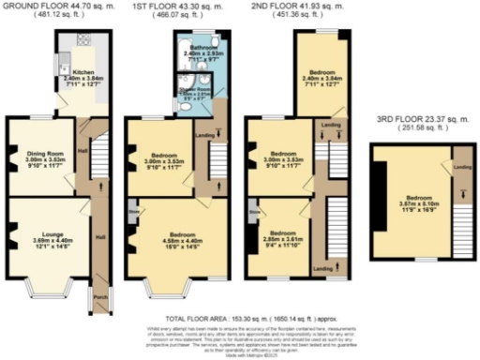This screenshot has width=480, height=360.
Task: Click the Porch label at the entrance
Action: click(99, 302)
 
